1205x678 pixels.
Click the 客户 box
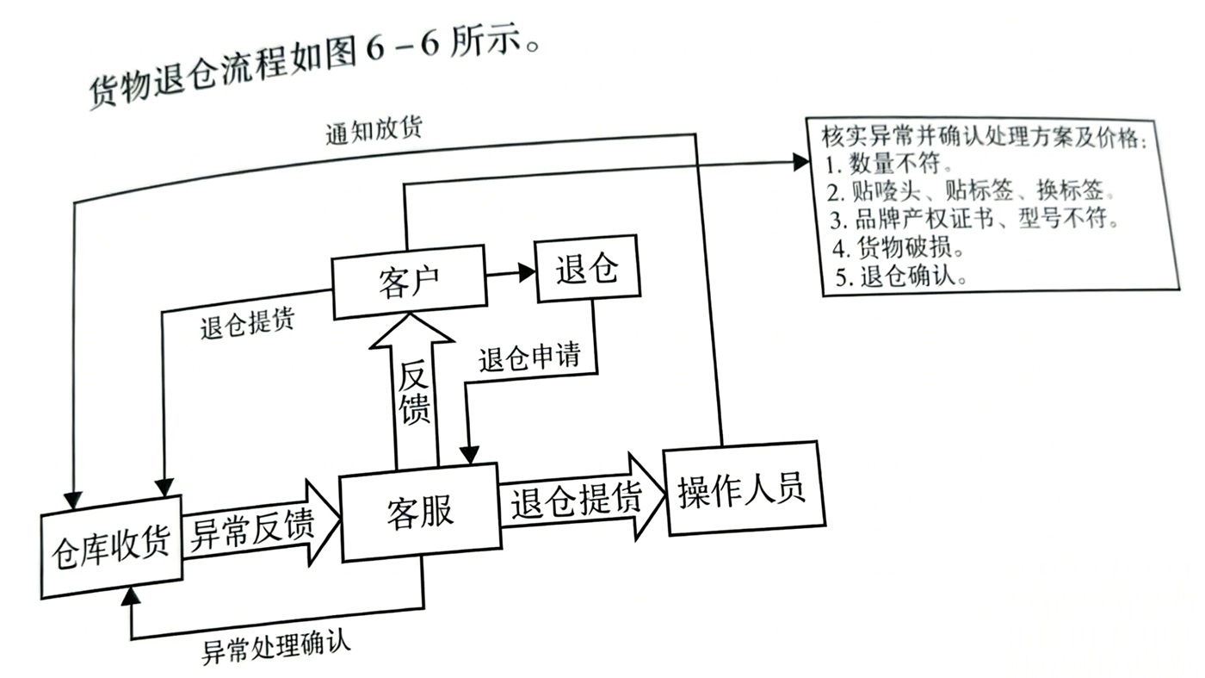tap(408, 281)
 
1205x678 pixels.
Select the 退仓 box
tap(587, 269)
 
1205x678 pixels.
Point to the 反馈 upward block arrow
tap(413, 392)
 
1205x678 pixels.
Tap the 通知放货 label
tap(374, 131)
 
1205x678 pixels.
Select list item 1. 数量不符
tap(887, 163)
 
